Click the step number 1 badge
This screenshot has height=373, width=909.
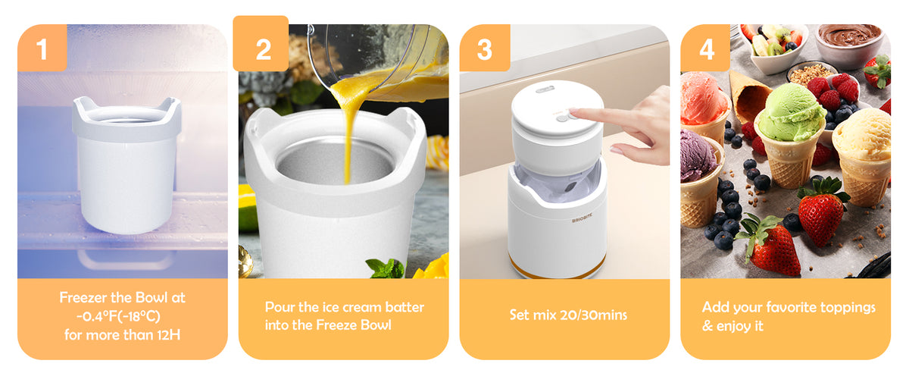[x=42, y=48]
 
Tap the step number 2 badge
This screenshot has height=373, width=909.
[x=261, y=44]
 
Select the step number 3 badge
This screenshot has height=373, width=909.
[x=485, y=48]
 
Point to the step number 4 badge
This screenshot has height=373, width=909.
[x=706, y=48]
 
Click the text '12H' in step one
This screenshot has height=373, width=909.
[x=169, y=335]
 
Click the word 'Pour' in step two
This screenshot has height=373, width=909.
[x=280, y=307]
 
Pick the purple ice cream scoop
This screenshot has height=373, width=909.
[x=698, y=155]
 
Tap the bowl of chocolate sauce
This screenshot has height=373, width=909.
[x=849, y=43]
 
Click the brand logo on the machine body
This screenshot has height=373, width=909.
[x=582, y=219]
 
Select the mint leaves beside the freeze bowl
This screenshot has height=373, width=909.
[x=385, y=268]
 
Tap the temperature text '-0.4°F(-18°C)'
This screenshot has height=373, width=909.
[x=118, y=316]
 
